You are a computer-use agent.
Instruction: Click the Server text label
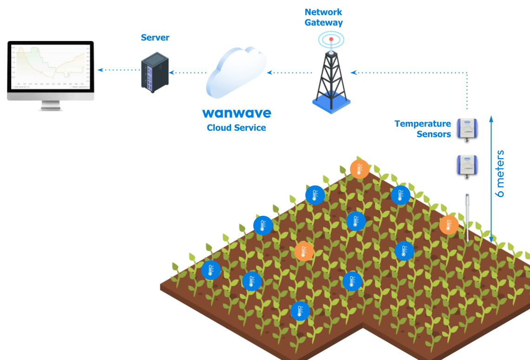(x=155, y=37)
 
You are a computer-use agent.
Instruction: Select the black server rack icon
(x=155, y=72)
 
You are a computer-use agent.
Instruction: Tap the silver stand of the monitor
(x=51, y=106)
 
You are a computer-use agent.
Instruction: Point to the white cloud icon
(x=236, y=72)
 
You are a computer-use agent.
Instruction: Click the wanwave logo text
(x=236, y=113)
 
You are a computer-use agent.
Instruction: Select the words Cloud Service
(x=236, y=128)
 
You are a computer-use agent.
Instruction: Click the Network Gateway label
(x=324, y=17)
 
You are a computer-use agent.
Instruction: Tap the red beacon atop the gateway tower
(x=331, y=40)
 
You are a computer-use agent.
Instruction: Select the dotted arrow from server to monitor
(x=119, y=70)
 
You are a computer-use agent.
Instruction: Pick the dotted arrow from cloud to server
(x=188, y=73)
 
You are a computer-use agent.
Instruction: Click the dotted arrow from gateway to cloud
(x=289, y=73)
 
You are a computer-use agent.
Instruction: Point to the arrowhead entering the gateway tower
(x=353, y=73)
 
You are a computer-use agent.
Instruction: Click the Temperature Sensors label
(x=423, y=129)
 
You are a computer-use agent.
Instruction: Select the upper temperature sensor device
(x=467, y=128)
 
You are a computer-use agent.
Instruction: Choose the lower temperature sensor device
(x=467, y=165)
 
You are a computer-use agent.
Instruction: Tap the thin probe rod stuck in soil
(x=467, y=218)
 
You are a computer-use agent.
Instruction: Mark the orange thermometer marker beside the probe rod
(x=449, y=225)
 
